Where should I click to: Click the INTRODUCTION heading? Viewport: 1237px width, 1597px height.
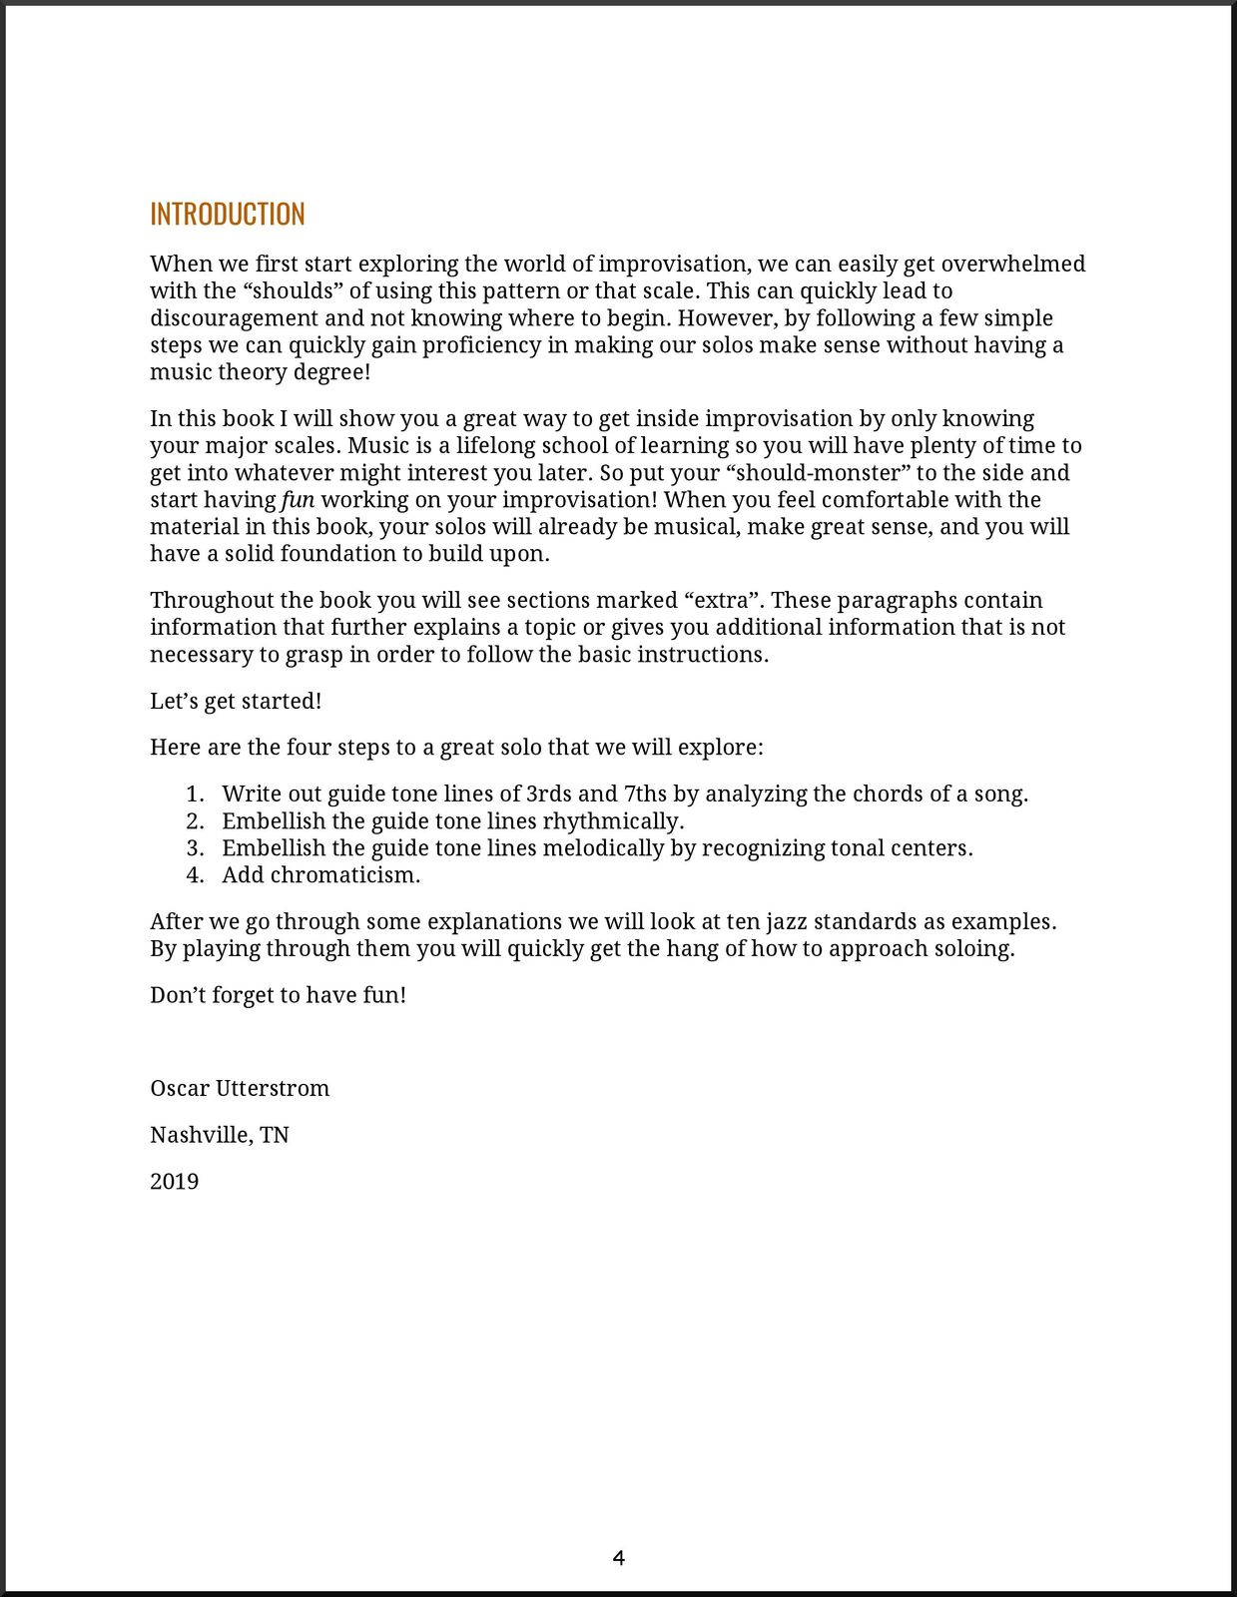[x=228, y=215]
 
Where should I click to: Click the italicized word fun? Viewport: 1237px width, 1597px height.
[x=298, y=500]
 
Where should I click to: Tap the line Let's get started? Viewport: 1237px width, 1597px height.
[x=236, y=702]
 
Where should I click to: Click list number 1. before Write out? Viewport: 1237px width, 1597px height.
[x=196, y=795]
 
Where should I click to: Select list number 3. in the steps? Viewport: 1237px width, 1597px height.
[x=196, y=848]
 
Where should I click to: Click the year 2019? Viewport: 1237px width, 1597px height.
[x=175, y=1182]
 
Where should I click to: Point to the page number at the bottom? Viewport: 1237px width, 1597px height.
[x=618, y=1558]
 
